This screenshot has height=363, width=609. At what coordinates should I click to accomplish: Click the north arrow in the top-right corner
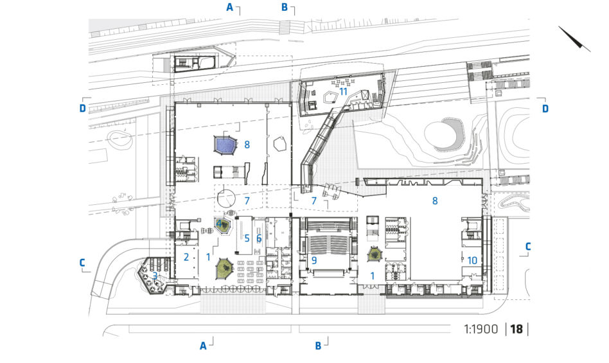coord(574,39)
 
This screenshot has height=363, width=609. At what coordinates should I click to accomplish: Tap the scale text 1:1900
coord(481,329)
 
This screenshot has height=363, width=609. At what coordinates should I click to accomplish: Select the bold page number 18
coord(516,329)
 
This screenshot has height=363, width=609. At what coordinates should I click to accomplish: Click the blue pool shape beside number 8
coord(225,146)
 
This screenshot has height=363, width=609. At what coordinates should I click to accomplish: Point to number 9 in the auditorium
coord(314,260)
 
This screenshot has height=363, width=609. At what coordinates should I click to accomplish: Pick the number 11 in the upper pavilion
coord(343,92)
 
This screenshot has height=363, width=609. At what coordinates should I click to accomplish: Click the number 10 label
coord(472,260)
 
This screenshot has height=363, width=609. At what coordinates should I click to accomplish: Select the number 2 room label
coord(186,256)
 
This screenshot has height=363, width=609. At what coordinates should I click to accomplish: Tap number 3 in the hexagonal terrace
coord(155,276)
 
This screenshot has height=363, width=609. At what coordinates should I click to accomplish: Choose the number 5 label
coord(247,238)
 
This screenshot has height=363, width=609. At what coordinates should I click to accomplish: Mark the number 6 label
coord(259,238)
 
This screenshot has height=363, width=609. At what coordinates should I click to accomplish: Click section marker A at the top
coord(230,7)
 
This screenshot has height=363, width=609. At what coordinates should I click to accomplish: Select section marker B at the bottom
coord(318,346)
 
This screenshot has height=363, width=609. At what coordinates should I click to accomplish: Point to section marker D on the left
coord(82,108)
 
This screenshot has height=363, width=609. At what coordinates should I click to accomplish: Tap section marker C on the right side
coord(528,246)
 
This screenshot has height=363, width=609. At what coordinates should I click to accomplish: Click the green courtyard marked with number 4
coord(222,225)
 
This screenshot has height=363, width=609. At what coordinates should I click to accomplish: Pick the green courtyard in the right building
coord(375,254)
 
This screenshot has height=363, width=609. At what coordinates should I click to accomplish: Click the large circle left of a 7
coord(226,199)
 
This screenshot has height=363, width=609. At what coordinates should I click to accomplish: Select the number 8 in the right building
coord(435,200)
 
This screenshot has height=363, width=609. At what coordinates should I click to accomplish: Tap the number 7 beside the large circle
coord(247,200)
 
